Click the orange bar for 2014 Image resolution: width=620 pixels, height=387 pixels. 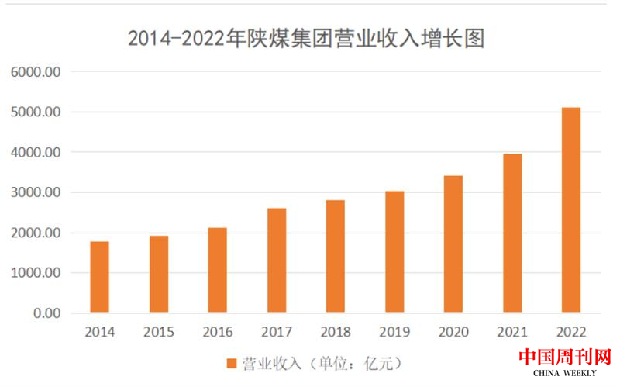[99, 277]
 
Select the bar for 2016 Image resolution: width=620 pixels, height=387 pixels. [218, 270]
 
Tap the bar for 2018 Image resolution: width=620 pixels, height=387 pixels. [336, 256]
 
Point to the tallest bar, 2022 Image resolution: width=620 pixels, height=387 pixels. [570, 210]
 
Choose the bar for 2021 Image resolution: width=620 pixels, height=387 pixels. [512, 233]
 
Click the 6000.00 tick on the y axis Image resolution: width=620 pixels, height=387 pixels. [36, 72]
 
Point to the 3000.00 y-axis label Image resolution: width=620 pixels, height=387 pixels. [36, 192]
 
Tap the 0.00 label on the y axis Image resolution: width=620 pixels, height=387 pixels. [46, 313]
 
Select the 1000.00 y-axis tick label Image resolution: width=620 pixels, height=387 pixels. [36, 273]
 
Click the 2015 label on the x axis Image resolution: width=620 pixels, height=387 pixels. [159, 332]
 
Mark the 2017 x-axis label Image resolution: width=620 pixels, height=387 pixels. [277, 332]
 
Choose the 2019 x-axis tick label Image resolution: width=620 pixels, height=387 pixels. [394, 332]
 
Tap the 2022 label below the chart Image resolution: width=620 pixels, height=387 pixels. [570, 332]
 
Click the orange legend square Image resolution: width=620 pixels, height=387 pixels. [231, 362]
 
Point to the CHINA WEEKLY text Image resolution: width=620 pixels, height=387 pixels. [565, 375]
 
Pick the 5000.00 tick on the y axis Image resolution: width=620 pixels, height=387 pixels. [36, 112]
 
